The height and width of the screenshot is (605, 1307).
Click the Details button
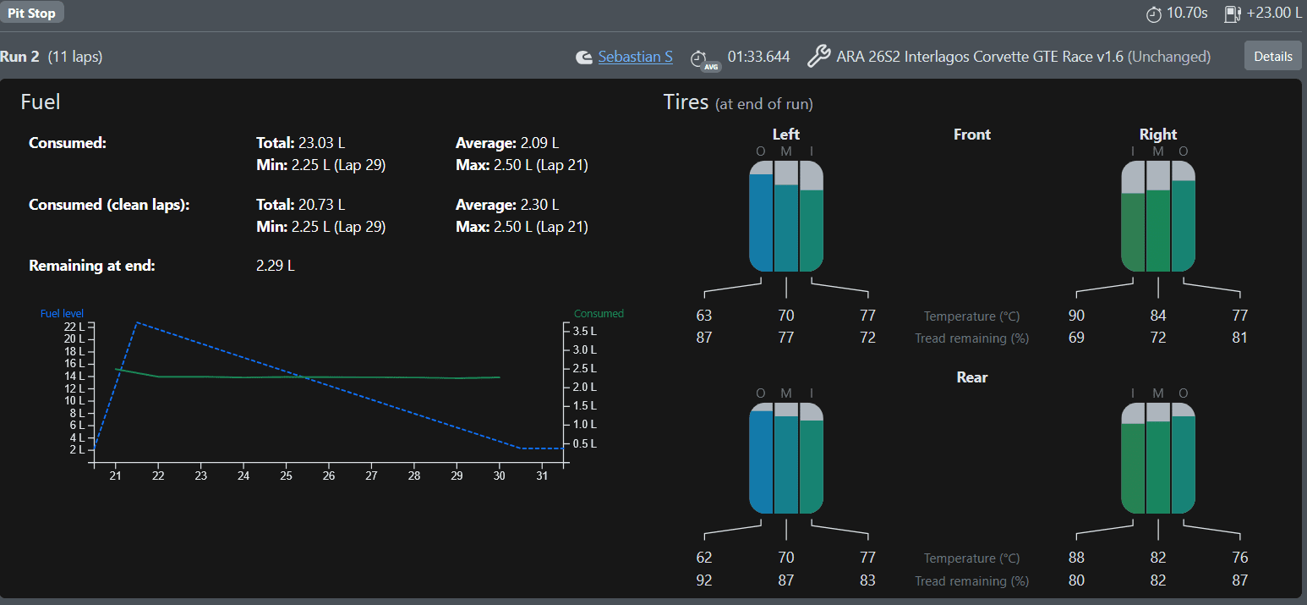tap(1272, 56)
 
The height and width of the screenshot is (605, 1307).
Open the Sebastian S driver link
tap(635, 57)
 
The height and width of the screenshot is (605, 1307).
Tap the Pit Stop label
tap(31, 12)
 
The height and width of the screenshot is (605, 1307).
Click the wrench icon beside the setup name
tap(818, 57)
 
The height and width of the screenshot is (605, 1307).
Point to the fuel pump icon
tap(1233, 14)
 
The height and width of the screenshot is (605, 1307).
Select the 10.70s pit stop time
tap(1187, 13)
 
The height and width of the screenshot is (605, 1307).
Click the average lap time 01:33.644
tap(758, 57)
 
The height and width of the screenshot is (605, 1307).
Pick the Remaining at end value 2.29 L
tap(276, 266)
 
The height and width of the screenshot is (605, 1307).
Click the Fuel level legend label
tap(62, 314)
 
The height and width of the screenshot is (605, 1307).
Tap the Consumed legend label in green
tap(599, 314)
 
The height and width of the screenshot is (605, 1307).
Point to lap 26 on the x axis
tap(329, 476)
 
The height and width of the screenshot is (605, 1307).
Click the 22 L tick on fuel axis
tap(74, 327)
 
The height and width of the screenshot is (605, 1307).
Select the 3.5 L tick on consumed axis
tap(584, 331)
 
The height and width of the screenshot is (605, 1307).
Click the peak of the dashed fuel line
tap(137, 322)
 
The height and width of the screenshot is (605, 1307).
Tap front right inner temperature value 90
tap(1076, 316)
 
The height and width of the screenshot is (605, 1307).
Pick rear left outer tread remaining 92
tap(704, 580)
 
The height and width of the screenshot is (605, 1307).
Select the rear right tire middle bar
tap(1158, 467)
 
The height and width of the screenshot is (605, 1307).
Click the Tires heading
tap(686, 102)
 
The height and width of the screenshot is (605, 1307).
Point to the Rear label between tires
tap(972, 377)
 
